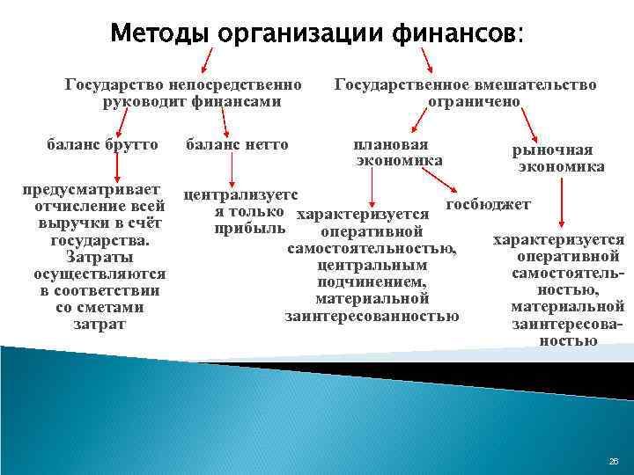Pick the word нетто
262,143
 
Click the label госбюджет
489,204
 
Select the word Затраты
100,257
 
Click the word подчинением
371,281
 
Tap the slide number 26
614,461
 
